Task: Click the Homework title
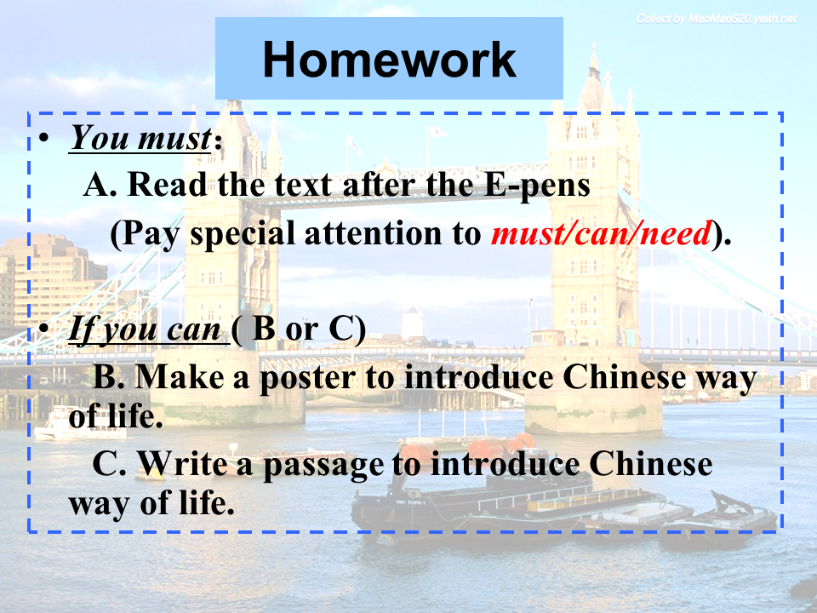[x=389, y=60]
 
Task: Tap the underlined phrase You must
[x=140, y=138]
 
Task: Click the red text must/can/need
[x=602, y=232]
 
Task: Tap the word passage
[x=323, y=465]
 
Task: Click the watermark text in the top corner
[x=717, y=19]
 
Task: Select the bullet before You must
[x=44, y=138]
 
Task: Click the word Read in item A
[x=168, y=185]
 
